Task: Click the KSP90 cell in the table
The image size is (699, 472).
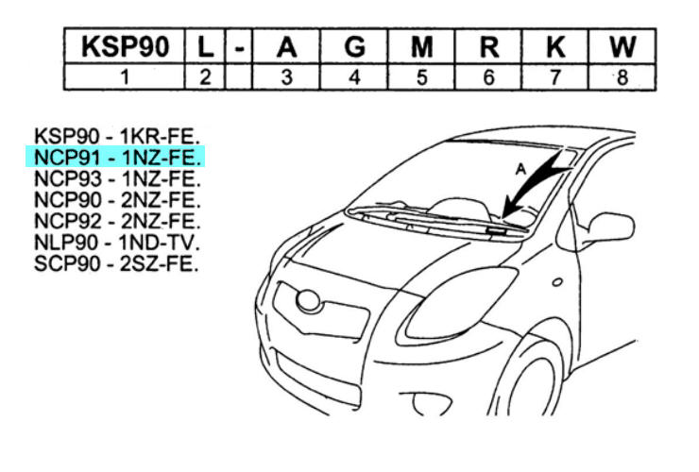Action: pos(125,46)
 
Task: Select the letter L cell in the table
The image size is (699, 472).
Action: pos(205,46)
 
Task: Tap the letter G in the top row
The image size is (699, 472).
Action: pos(354,46)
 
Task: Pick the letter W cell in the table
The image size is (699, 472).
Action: pos(622,46)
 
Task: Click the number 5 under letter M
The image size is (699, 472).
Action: pos(421,77)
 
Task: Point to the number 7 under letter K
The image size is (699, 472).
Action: pos(555,77)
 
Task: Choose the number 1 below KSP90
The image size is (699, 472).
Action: pos(125,77)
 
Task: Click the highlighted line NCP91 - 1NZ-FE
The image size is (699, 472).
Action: pos(117,158)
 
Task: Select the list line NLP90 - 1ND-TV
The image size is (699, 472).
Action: pos(116,243)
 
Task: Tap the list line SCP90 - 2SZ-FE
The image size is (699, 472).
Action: pos(116,264)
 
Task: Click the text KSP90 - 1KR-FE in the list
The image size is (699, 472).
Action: pos(116,136)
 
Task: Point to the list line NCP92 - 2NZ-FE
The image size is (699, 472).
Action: pos(117,222)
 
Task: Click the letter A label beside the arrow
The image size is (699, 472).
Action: pos(520,169)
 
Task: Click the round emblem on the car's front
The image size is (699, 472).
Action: pos(309,300)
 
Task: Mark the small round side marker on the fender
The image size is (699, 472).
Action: pos(557,282)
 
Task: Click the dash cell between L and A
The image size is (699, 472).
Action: pos(239,46)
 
